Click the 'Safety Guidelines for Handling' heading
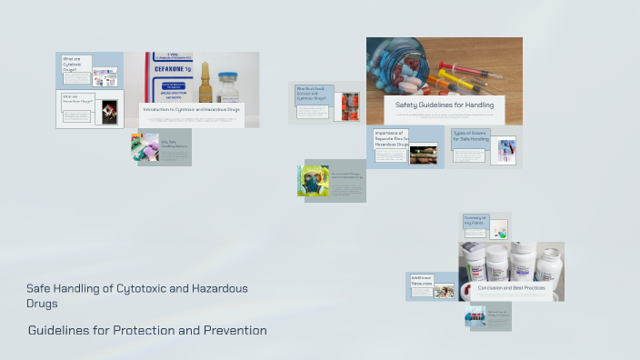pyautogui.click(x=445, y=105)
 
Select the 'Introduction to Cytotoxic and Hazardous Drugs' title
pyautogui.click(x=191, y=109)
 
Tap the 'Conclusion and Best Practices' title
pyautogui.click(x=512, y=287)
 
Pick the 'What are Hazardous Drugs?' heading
pyautogui.click(x=76, y=99)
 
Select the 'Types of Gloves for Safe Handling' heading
pyautogui.click(x=469, y=136)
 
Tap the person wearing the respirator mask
pyautogui.click(x=313, y=180)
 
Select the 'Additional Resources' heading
pyautogui.click(x=421, y=281)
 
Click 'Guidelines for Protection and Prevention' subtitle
pyautogui.click(x=147, y=330)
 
